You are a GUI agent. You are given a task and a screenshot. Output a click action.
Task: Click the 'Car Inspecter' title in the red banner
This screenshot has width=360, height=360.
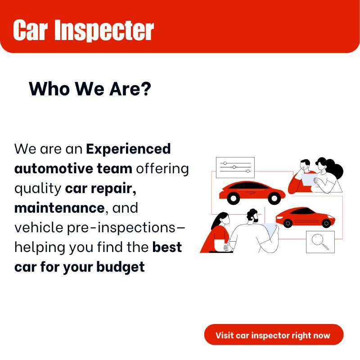click(x=83, y=30)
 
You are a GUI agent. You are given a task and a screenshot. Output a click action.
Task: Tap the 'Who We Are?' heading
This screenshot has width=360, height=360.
click(x=90, y=89)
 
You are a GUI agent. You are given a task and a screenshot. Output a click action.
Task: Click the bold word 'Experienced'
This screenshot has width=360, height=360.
click(x=128, y=149)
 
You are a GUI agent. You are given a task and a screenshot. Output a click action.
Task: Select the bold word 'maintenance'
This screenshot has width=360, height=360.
click(x=60, y=208)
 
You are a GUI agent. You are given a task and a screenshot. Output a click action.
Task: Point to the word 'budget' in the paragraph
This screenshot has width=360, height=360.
click(x=121, y=267)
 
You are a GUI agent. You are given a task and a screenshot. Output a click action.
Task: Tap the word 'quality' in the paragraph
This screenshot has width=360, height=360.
click(x=38, y=189)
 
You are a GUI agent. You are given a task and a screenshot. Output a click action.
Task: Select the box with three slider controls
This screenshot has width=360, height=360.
click(x=235, y=167)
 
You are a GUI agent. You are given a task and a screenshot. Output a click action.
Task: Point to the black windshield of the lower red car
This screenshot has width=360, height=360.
click(x=302, y=211)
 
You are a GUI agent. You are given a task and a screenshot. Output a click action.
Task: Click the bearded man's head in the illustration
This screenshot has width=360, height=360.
click(x=253, y=216)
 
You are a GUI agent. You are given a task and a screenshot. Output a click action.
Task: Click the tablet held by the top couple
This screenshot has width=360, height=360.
click(x=309, y=179)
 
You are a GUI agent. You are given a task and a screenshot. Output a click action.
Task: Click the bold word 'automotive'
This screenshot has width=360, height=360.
click(x=54, y=169)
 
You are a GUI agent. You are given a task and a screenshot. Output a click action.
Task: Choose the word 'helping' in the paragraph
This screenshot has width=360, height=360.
click(x=40, y=248)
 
